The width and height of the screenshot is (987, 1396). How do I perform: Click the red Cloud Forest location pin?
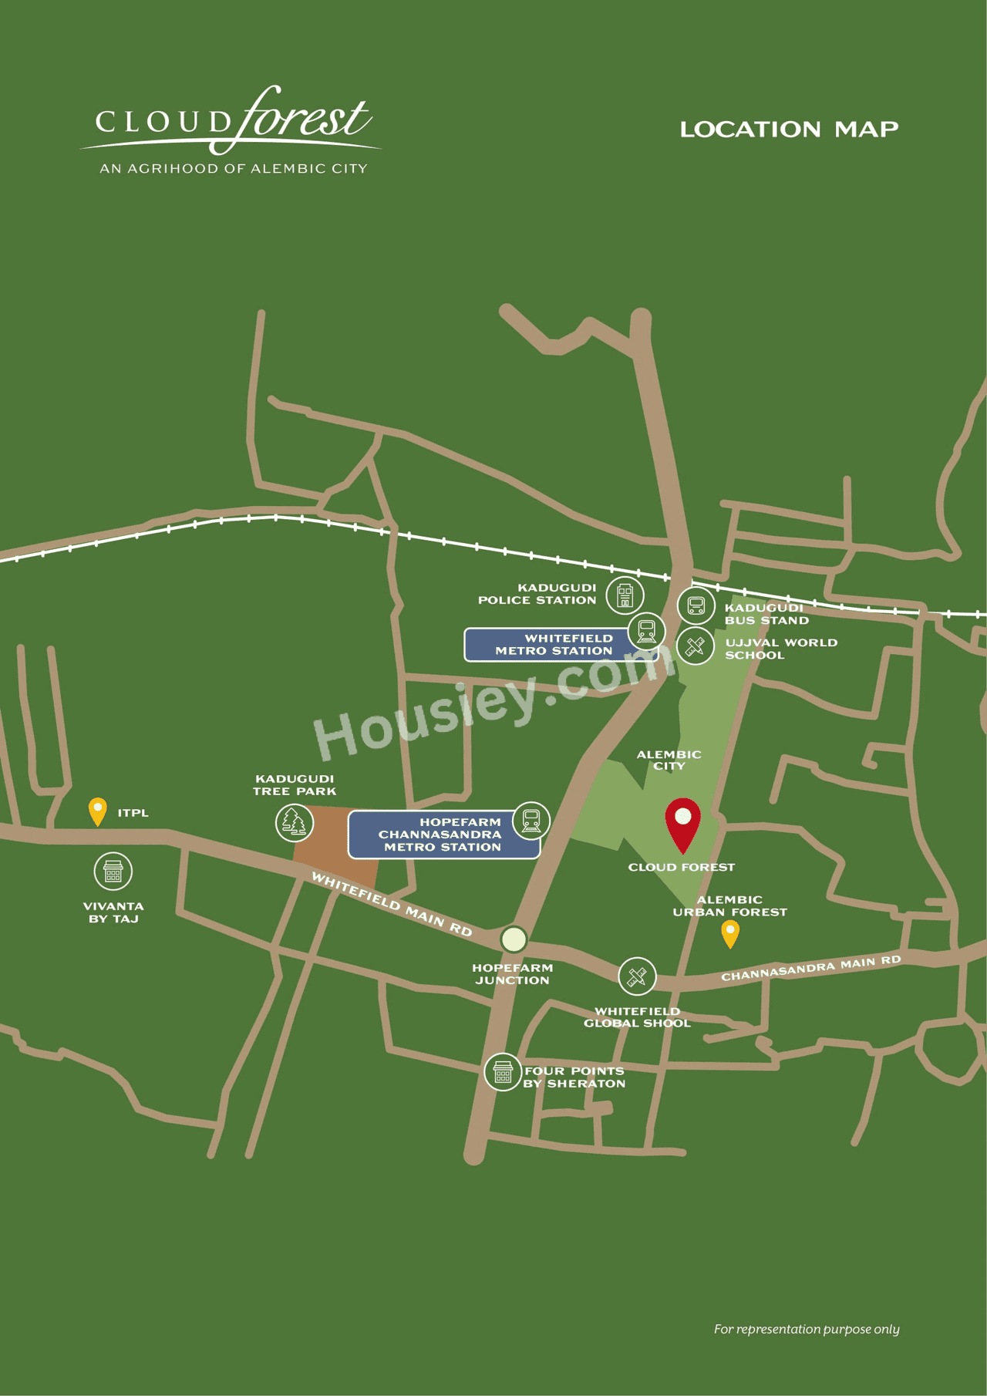click(x=683, y=821)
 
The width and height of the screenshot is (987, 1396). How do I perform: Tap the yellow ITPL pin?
click(x=98, y=811)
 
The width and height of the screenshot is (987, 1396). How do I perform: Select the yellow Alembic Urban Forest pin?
click(x=730, y=933)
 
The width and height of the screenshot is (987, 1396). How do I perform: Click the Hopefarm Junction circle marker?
click(x=514, y=939)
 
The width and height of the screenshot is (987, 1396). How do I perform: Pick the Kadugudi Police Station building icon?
click(x=625, y=595)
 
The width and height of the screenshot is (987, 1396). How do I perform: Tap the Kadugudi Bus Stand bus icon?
click(x=696, y=605)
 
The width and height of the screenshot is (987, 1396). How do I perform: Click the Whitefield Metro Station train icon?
click(x=646, y=631)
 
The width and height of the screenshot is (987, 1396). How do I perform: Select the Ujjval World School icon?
click(x=696, y=646)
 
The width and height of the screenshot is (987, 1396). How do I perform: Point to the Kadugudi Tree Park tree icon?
click(x=294, y=822)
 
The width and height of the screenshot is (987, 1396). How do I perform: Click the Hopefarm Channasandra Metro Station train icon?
click(x=531, y=820)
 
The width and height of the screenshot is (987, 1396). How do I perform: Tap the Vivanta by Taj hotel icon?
click(x=113, y=872)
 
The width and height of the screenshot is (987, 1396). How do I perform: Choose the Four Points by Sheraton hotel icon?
click(x=503, y=1071)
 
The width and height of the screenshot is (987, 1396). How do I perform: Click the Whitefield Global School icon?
click(x=637, y=976)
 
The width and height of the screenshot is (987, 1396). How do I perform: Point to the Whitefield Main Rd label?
click(x=392, y=903)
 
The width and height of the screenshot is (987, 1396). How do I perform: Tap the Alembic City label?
click(x=669, y=760)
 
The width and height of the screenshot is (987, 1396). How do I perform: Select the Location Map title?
click(x=789, y=130)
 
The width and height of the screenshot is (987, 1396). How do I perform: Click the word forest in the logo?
click(x=305, y=118)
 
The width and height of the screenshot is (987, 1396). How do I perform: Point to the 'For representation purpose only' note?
click(x=807, y=1329)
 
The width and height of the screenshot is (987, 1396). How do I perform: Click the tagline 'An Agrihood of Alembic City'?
click(x=234, y=169)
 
